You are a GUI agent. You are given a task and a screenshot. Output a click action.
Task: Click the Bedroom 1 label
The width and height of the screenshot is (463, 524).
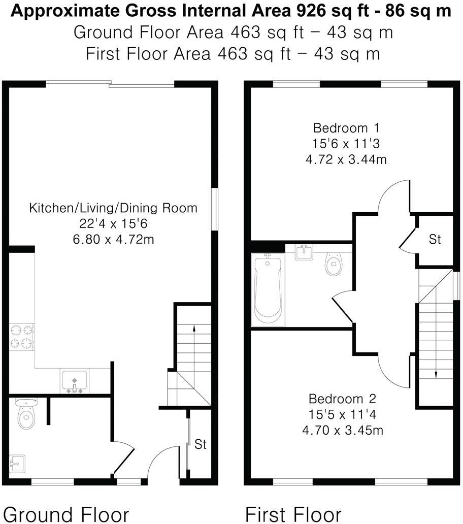tap(346, 127)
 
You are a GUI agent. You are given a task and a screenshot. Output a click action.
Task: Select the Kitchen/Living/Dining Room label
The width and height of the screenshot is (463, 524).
tap(113, 208)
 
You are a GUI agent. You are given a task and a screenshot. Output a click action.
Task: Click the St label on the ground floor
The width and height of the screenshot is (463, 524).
tap(201, 444)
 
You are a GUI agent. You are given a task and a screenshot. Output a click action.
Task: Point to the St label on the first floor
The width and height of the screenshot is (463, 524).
tap(435, 240)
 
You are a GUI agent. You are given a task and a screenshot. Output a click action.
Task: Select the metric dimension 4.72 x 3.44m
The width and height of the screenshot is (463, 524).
tap(346, 159)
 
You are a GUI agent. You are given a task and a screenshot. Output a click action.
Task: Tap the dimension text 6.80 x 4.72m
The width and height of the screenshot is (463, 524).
tap(113, 239)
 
